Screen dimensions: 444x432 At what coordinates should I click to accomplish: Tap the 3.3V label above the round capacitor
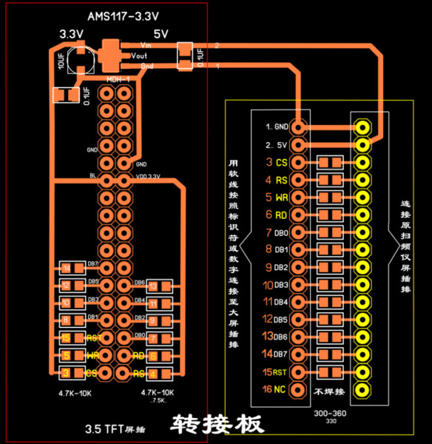[72, 35]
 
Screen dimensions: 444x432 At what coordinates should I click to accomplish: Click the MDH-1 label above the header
[118, 78]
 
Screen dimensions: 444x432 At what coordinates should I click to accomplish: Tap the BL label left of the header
[92, 176]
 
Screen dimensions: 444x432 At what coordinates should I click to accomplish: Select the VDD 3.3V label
[149, 176]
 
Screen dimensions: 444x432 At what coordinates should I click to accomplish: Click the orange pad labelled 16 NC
[298, 388]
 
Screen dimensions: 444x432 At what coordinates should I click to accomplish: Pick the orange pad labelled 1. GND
[298, 127]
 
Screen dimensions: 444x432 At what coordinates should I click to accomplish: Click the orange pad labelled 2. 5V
[298, 144]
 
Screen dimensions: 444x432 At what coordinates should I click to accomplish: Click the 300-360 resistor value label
[328, 414]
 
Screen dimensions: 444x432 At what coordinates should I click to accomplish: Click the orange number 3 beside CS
[269, 162]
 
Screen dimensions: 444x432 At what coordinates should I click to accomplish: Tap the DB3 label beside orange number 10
[281, 284]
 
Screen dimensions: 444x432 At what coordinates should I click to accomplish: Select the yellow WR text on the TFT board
[93, 355]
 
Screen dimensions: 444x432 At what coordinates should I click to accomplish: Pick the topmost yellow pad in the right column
[362, 127]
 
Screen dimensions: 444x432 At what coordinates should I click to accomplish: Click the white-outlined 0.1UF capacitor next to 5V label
[186, 53]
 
